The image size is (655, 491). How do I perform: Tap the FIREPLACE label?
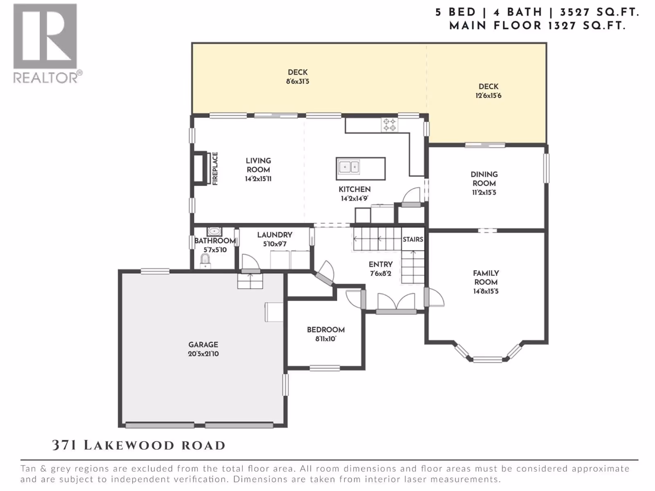[x=215, y=169]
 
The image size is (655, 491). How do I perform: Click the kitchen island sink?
[x=348, y=167]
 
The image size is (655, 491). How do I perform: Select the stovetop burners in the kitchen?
[x=389, y=125]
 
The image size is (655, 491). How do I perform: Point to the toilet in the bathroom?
[x=205, y=261]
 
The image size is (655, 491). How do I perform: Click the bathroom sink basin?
[x=214, y=231]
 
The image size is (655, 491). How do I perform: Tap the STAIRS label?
[x=413, y=239]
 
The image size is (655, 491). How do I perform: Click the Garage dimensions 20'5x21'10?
[x=203, y=354]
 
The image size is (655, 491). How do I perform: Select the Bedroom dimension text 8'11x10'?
[x=325, y=339]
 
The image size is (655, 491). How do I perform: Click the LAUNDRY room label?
[x=275, y=235]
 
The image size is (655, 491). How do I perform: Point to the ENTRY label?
[x=380, y=264]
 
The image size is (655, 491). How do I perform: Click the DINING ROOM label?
[x=484, y=179]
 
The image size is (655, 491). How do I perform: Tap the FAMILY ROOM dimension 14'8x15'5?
[x=486, y=291]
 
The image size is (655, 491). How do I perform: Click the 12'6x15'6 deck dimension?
[x=488, y=96]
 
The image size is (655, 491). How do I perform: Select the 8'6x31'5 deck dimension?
[x=298, y=81]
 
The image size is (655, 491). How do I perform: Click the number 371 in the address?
[x=64, y=446]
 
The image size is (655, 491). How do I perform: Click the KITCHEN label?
[x=355, y=189]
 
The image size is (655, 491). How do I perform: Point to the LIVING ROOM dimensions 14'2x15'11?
[x=258, y=179]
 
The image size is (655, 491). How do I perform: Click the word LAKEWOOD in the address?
[x=129, y=446]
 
